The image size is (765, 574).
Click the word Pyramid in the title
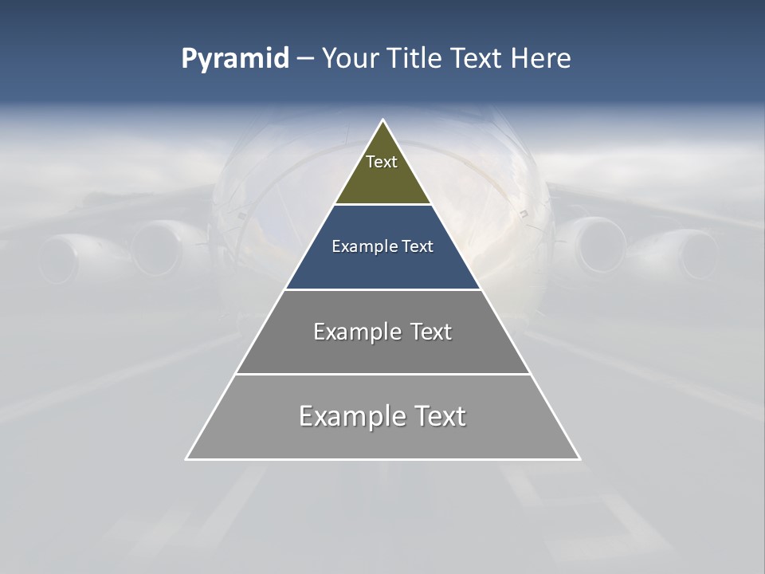tap(235, 59)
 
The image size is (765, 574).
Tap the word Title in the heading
tap(414, 59)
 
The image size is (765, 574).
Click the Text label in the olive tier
tap(382, 162)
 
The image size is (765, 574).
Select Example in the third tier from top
tap(355, 332)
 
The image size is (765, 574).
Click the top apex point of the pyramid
tap(382, 120)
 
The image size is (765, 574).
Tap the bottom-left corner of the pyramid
tap(186, 459)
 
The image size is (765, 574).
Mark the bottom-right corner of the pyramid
tap(579, 459)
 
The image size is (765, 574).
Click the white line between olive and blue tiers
tap(382, 205)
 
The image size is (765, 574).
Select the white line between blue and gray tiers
tap(382, 289)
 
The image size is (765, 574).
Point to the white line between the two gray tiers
tap(382, 374)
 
